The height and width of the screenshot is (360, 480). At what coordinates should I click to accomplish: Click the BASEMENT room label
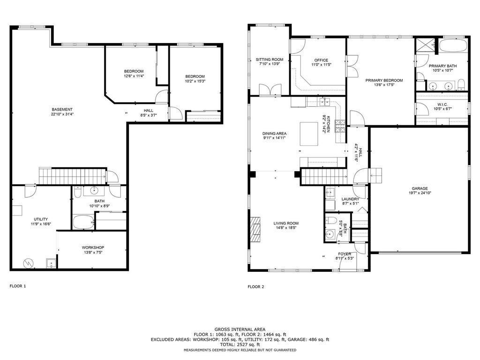coord(62,109)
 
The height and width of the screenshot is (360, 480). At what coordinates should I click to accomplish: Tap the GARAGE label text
coord(420,188)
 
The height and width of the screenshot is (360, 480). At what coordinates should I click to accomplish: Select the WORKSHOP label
coord(93,247)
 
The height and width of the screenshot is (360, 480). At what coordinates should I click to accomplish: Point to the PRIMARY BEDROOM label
coord(384,80)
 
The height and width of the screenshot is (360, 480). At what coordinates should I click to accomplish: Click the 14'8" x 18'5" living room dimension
coord(286,228)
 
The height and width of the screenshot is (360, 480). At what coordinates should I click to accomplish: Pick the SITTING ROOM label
coord(270,60)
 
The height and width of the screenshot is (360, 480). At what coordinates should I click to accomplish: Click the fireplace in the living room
coord(256,229)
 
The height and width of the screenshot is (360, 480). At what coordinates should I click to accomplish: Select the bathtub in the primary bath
coord(453,46)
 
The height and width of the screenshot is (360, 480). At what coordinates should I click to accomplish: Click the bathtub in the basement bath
coord(83,222)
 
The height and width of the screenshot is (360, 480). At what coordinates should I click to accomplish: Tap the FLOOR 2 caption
coord(256,286)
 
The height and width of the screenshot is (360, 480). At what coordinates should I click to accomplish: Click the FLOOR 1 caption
coord(18,285)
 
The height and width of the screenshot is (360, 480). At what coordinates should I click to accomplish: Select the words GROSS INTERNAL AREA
coord(240,329)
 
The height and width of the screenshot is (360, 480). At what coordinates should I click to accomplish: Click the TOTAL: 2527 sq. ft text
coord(240,345)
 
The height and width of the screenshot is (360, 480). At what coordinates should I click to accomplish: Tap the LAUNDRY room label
coord(350,199)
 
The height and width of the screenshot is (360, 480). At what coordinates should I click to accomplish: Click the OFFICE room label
coord(321,60)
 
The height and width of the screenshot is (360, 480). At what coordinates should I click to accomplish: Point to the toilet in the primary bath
coord(461,84)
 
